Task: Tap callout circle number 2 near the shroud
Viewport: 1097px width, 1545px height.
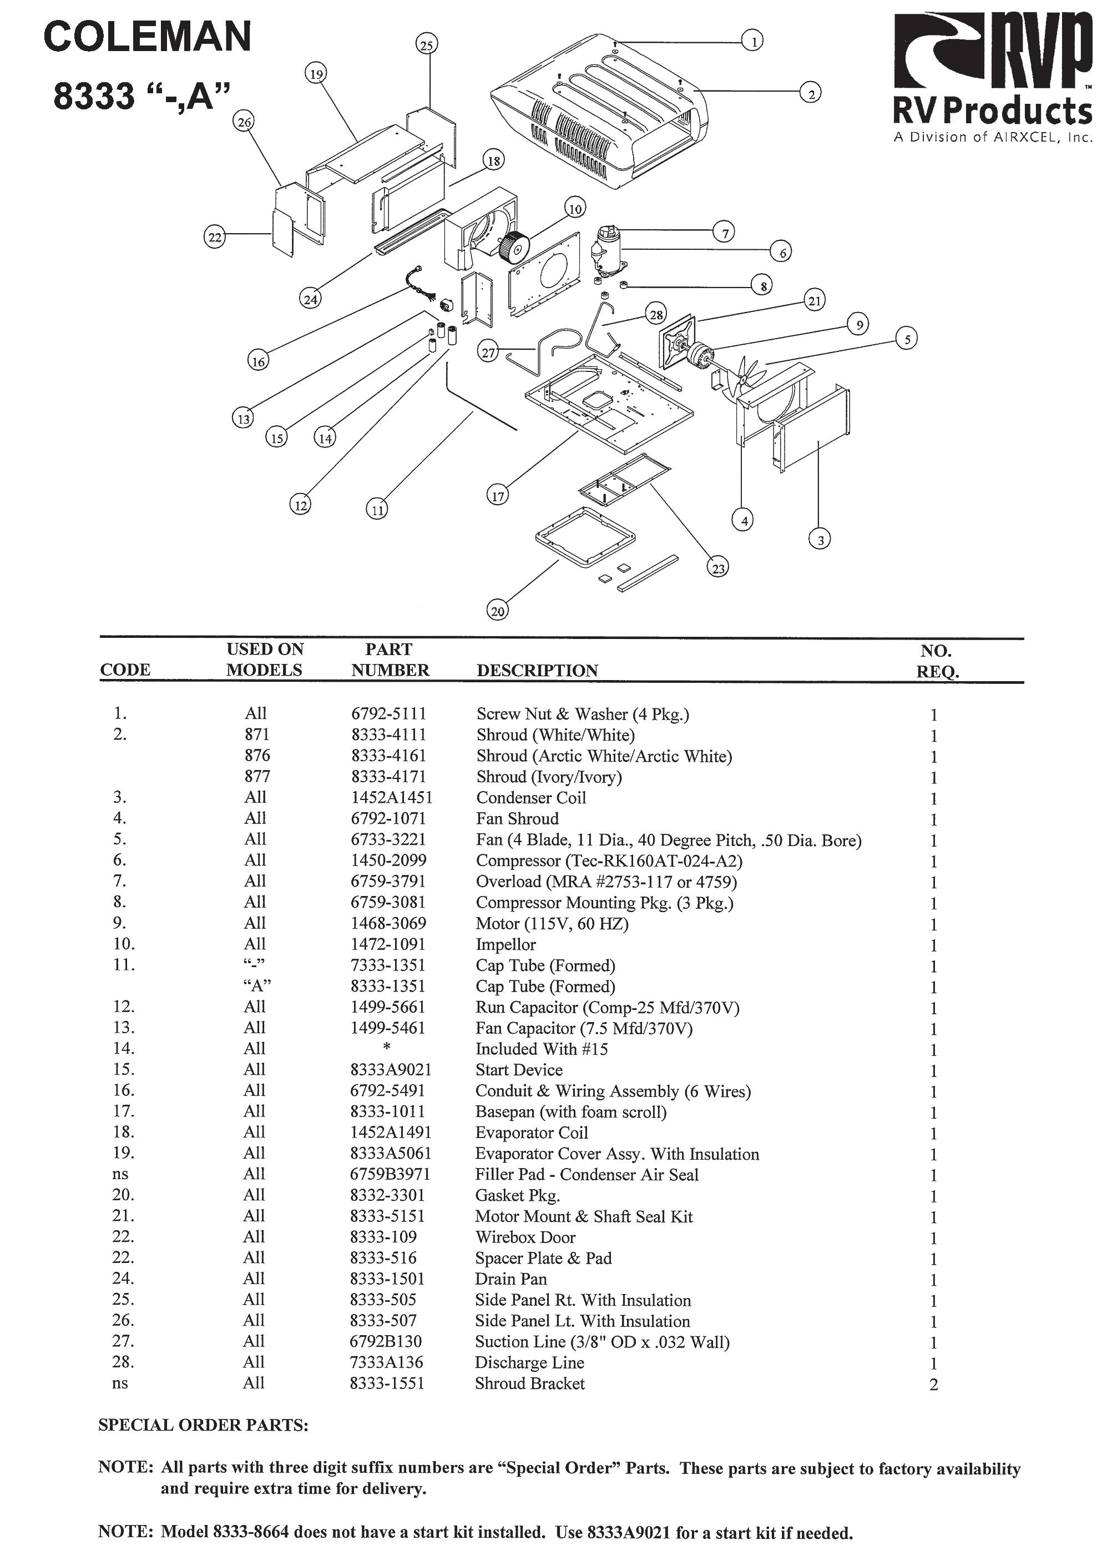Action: tap(811, 92)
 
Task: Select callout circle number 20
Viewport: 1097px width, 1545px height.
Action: tap(497, 611)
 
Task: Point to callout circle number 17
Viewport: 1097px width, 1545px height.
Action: tap(497, 496)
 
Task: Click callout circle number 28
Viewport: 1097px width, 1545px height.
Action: tap(656, 314)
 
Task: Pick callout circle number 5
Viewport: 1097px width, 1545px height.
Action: tap(907, 339)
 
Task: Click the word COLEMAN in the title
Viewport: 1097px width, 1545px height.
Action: tap(147, 37)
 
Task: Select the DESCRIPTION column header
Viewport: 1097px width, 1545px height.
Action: tap(537, 671)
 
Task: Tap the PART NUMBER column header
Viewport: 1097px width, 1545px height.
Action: tap(390, 660)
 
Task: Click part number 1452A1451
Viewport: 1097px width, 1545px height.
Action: tap(391, 798)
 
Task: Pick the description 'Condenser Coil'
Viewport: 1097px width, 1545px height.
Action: tap(531, 798)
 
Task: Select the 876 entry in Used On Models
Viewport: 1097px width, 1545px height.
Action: tap(257, 756)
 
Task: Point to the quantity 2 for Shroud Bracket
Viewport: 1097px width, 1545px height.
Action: tap(933, 1385)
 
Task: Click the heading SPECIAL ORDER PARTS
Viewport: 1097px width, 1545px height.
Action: tap(203, 1426)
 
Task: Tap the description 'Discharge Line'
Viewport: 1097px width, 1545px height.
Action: tap(529, 1362)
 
